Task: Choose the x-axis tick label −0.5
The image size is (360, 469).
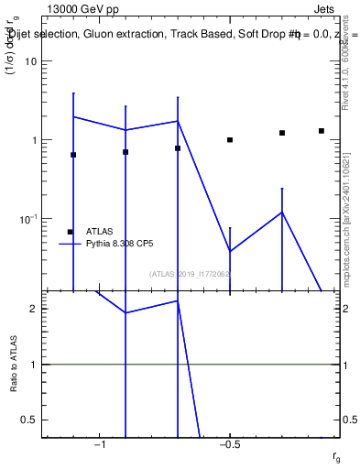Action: pyautogui.click(x=229, y=444)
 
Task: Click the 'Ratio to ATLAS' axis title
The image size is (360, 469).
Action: pyautogui.click(x=14, y=364)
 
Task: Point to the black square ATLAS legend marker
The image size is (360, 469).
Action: pyautogui.click(x=70, y=232)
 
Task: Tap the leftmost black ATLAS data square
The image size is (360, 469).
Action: pyautogui.click(x=73, y=155)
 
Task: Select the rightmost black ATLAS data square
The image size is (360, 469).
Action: pyautogui.click(x=322, y=131)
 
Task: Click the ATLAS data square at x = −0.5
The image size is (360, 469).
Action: pyautogui.click(x=230, y=140)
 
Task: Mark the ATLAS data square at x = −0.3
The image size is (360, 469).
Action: pyautogui.click(x=282, y=133)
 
